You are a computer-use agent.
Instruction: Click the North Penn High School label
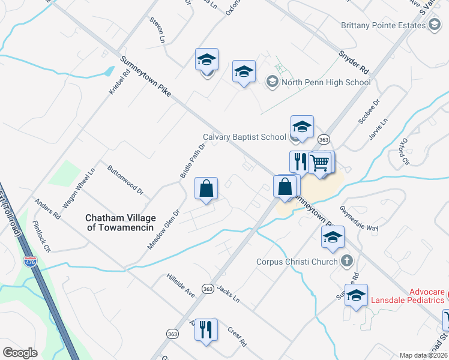[325, 82]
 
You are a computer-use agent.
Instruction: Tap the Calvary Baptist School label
[244, 137]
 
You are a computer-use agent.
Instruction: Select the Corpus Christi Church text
[298, 261]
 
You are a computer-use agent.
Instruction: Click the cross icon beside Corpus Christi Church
[346, 260]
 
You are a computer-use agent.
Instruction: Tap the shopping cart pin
[321, 161]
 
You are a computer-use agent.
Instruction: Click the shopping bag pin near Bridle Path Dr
[206, 189]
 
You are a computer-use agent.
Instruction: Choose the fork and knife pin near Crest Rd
[206, 329]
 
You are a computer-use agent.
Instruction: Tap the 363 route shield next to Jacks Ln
[208, 288]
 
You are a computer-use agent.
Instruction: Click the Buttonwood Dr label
[125, 180]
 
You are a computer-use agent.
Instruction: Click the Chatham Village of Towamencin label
[120, 223]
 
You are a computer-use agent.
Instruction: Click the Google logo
[20, 353]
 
